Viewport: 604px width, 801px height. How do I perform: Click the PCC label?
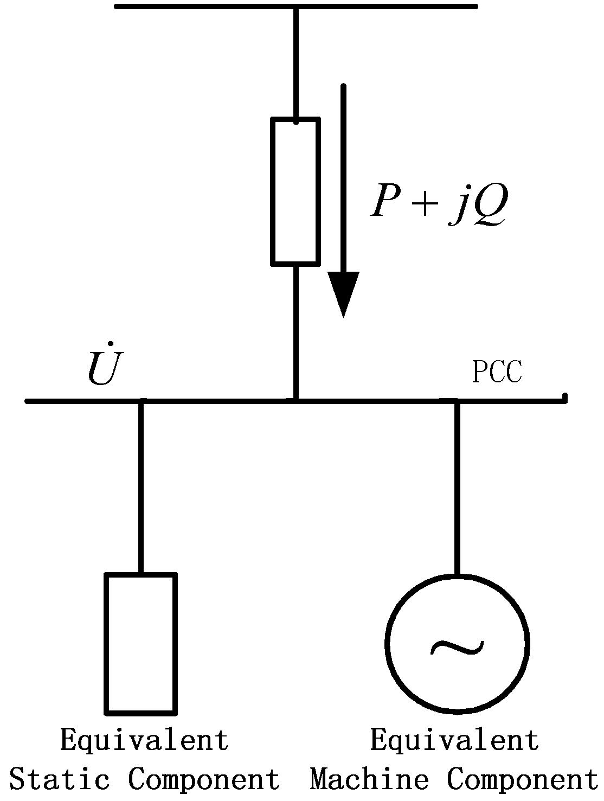point(497,372)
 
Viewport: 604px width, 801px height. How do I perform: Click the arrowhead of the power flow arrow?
point(343,293)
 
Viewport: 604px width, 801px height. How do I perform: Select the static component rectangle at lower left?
point(140,643)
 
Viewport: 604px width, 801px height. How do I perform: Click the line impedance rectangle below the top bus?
point(295,192)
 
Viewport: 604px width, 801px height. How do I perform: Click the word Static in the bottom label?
point(60,780)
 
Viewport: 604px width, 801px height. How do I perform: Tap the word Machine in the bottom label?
point(369,780)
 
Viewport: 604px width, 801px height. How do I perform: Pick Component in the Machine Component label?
point(522,780)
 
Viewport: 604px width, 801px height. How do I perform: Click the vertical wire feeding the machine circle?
point(457,488)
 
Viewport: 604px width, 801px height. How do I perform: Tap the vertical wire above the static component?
point(140,488)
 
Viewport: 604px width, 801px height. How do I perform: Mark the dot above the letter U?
point(110,343)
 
